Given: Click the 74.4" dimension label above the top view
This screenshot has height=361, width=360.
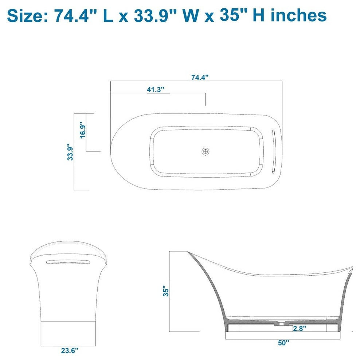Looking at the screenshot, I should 200,77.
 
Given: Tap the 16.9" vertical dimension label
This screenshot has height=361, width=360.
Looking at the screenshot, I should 83,130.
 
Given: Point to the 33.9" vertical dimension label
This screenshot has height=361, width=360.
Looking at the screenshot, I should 70,153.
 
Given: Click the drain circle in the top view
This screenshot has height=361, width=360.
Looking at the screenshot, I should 206,151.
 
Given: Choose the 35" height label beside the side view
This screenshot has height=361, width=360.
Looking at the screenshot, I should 167,292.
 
